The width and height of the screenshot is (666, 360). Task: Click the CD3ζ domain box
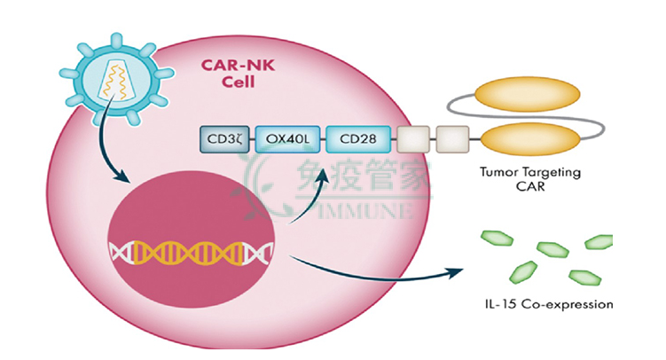[224, 139]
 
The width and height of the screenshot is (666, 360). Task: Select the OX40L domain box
[287, 139]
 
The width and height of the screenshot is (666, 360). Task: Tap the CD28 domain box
[358, 139]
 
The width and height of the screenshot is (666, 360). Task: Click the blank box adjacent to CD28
[413, 139]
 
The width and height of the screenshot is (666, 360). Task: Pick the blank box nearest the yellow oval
[453, 139]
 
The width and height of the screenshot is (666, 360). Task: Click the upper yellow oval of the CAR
[527, 95]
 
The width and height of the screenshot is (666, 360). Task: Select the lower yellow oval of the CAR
[530, 139]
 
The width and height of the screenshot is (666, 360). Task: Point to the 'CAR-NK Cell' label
[238, 74]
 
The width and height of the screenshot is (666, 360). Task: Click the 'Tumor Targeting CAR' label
[530, 179]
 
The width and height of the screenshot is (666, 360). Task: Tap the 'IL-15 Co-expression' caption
[549, 304]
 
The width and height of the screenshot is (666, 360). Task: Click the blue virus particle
[116, 80]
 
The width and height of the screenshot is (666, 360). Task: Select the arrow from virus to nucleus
[103, 145]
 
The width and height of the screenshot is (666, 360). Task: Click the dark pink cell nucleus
[192, 239]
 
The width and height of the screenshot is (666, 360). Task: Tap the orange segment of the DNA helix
[188, 253]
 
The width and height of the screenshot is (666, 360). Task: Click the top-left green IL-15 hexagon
[497, 238]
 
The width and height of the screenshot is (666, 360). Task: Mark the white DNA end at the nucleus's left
[121, 253]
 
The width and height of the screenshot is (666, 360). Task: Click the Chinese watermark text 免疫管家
[364, 174]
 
